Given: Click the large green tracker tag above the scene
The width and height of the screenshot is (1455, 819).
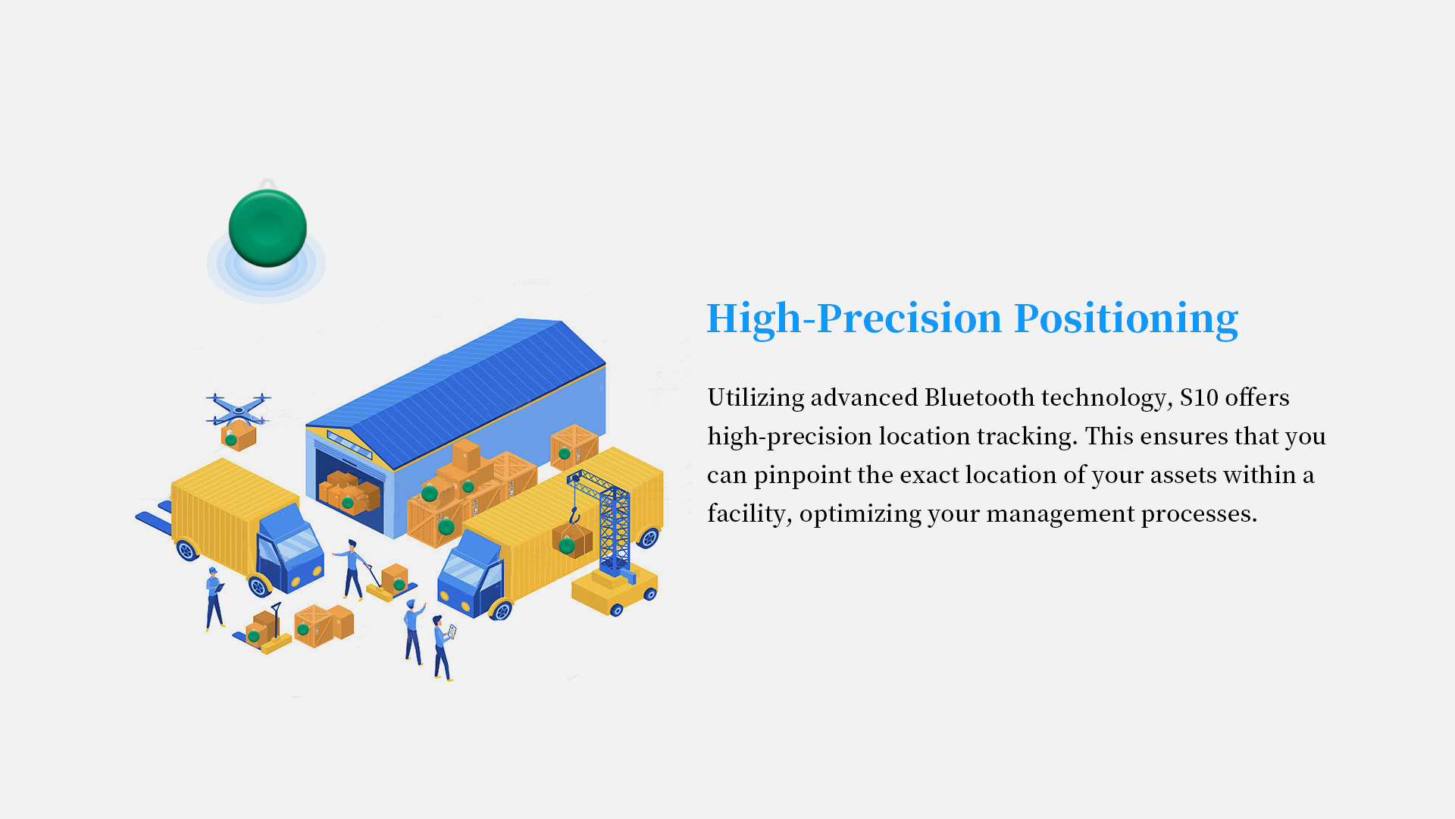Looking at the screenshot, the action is (268, 227).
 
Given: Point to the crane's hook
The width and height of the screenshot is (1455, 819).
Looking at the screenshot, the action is (574, 516).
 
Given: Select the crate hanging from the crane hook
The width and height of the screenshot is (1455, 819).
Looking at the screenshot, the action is (572, 540).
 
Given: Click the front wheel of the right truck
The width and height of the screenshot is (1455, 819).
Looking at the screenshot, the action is (500, 609).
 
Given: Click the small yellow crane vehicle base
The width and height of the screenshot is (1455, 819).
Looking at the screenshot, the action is (615, 592).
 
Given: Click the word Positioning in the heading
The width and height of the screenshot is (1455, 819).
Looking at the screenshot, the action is (1126, 318).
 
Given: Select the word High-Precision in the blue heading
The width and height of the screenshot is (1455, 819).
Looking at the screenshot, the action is (854, 318).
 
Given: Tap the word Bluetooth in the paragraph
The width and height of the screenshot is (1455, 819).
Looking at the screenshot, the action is (979, 397).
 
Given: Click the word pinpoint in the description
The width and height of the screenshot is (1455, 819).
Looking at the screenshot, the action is (803, 475).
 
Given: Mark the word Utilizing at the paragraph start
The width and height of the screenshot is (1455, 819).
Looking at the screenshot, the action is (756, 397).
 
